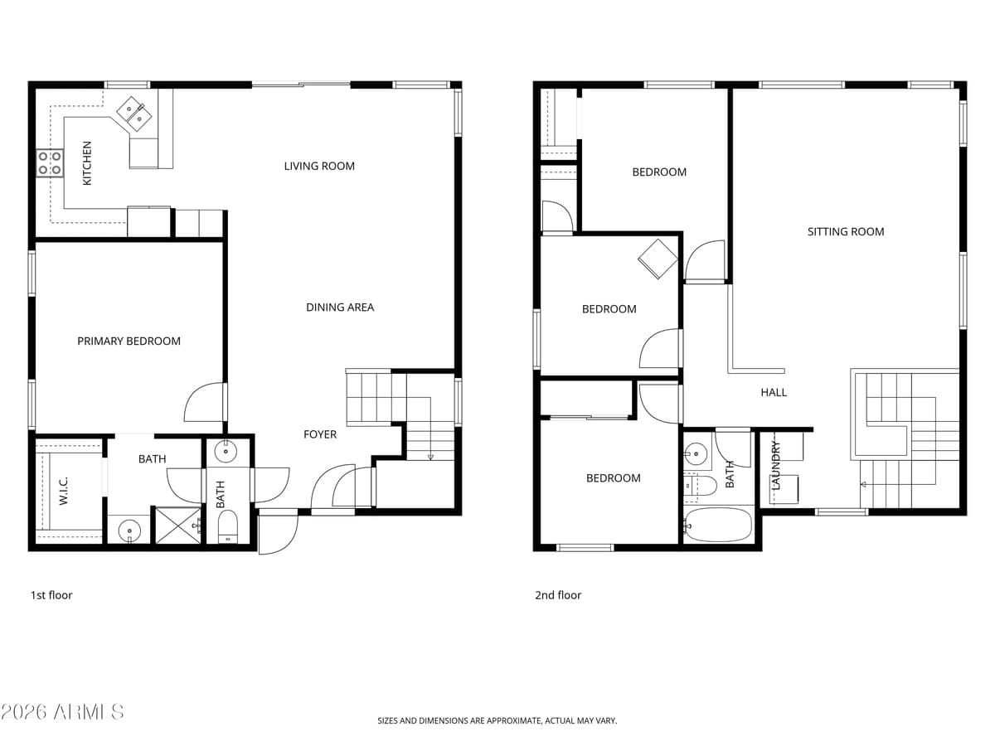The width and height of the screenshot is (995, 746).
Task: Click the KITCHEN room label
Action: pos(87,162)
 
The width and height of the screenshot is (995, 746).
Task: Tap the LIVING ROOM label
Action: pos(319,166)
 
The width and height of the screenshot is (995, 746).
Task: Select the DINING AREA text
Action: pos(340,307)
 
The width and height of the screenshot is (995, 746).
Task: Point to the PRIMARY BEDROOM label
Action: pos(129,341)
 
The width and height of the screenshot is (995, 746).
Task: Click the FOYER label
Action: pos(320,434)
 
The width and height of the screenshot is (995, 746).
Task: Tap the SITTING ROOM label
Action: pos(846,231)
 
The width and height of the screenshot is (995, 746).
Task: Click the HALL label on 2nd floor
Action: pos(774,392)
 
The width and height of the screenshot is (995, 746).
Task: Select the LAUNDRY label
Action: pos(776,467)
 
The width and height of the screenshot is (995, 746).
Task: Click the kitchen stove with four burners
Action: pos(50,162)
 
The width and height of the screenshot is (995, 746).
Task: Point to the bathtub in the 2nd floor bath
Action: pos(718,525)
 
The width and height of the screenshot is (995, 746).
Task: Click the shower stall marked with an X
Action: pos(178,526)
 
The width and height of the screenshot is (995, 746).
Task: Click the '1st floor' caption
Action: pos(51,595)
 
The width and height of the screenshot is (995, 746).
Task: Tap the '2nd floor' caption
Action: pos(558,595)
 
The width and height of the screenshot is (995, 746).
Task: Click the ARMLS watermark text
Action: pos(62,711)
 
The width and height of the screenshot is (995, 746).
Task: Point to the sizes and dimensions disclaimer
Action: pos(497,721)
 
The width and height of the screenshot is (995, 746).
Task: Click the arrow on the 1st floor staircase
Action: pos(430,456)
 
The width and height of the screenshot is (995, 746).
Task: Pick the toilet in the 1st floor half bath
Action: pos(227,526)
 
